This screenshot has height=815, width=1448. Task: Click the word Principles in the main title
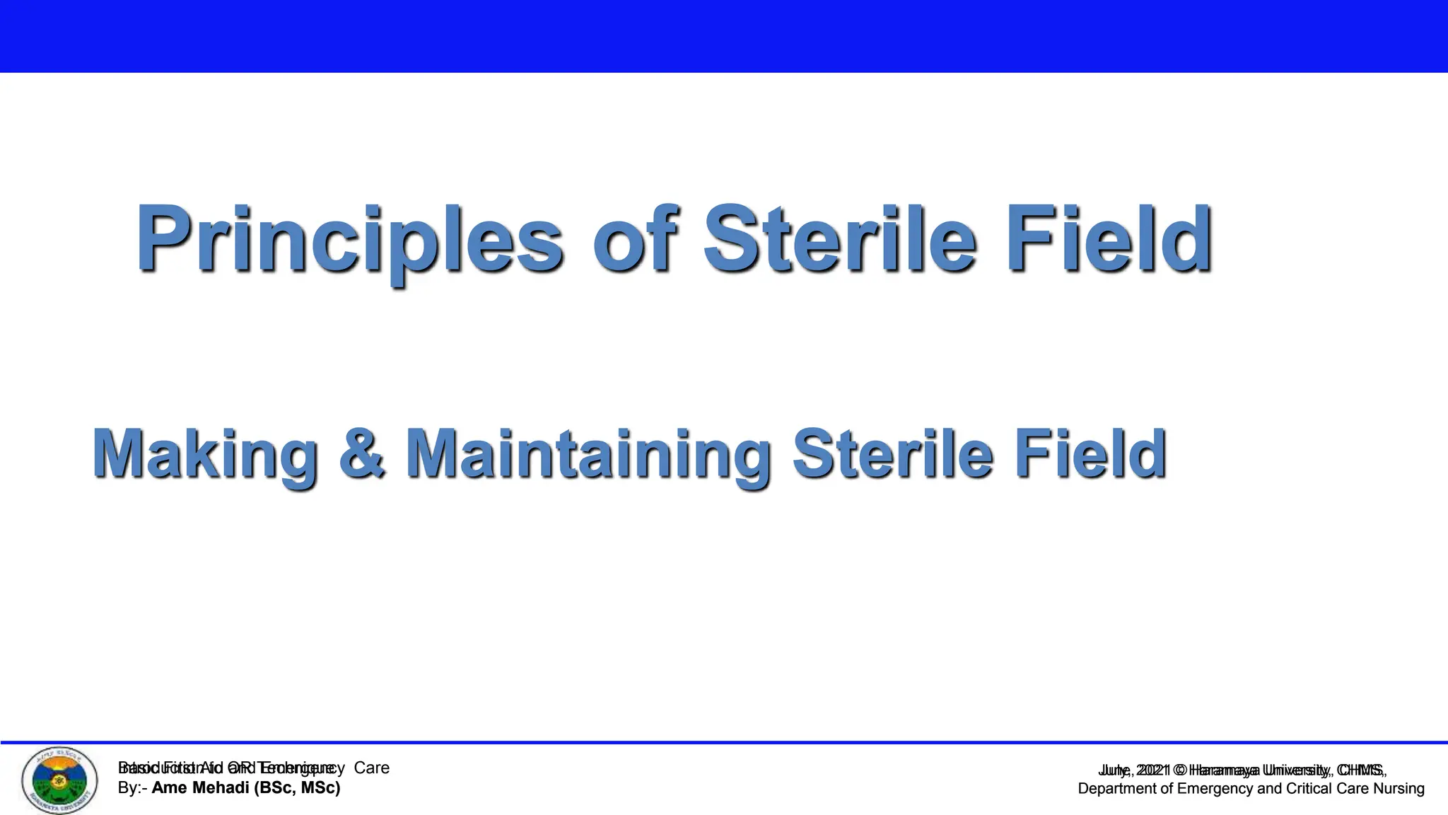pyautogui.click(x=350, y=239)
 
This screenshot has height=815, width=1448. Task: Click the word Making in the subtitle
pyautogui.click(x=205, y=454)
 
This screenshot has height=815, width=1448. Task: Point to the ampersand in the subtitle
pyautogui.click(x=363, y=454)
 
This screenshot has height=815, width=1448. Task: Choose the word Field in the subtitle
pyautogui.click(x=1090, y=454)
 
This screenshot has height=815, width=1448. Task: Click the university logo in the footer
pyautogui.click(x=60, y=780)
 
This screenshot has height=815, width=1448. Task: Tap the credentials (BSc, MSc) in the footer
pyautogui.click(x=300, y=788)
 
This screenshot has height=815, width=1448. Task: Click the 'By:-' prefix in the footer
pyautogui.click(x=132, y=788)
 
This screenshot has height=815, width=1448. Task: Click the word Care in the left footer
pyautogui.click(x=372, y=768)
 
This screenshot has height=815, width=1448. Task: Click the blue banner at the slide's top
pyautogui.click(x=724, y=35)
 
